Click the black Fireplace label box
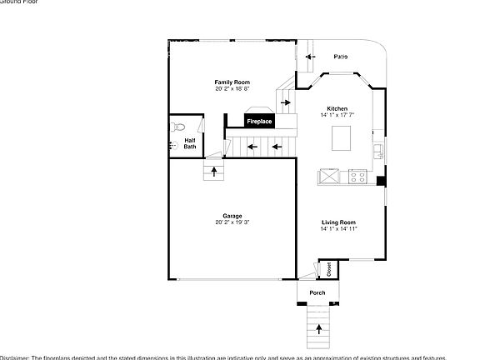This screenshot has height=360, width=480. (x=258, y=122)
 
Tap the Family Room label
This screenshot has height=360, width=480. (x=232, y=82)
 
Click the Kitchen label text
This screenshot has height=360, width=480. (x=337, y=108)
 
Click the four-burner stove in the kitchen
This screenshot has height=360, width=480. (x=359, y=176)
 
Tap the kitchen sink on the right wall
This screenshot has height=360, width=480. (x=379, y=152)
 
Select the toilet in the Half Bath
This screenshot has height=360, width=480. (x=177, y=127)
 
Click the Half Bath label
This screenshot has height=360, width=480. (x=190, y=143)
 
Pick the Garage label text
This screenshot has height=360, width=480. (x=232, y=216)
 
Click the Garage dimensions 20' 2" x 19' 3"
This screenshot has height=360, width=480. (x=232, y=222)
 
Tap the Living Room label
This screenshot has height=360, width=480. (x=338, y=222)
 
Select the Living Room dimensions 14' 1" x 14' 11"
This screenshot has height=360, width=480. (x=338, y=229)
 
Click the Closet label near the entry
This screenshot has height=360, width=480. (x=328, y=269)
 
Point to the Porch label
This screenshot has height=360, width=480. (x=317, y=292)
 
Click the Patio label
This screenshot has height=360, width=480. (x=341, y=57)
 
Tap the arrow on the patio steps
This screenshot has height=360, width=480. (x=309, y=57)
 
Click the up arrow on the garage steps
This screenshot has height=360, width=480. (x=215, y=172)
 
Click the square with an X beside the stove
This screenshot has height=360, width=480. (x=327, y=176)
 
